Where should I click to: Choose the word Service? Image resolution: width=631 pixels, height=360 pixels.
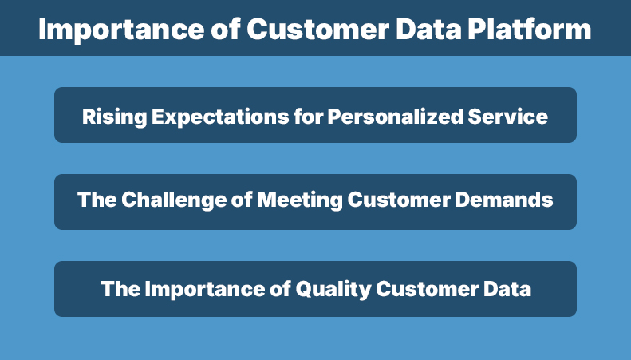508,117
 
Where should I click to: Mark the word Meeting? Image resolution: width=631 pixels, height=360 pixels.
296,200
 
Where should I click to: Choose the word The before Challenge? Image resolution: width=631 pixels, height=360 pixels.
96,200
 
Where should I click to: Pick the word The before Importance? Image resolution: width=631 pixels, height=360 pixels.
120,288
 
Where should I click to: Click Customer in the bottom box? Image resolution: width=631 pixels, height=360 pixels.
427,288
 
